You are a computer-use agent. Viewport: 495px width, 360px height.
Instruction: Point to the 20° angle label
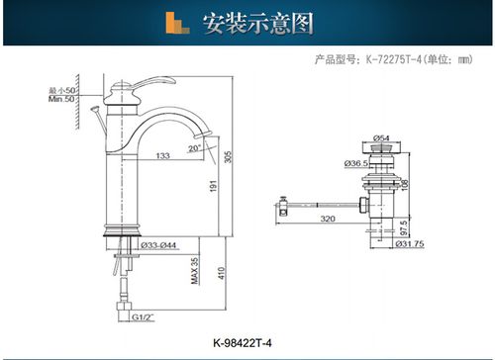[x=194, y=147]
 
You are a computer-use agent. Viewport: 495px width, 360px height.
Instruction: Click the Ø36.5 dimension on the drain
[x=358, y=161]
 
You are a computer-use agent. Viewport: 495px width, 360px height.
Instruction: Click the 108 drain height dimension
[x=405, y=184]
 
